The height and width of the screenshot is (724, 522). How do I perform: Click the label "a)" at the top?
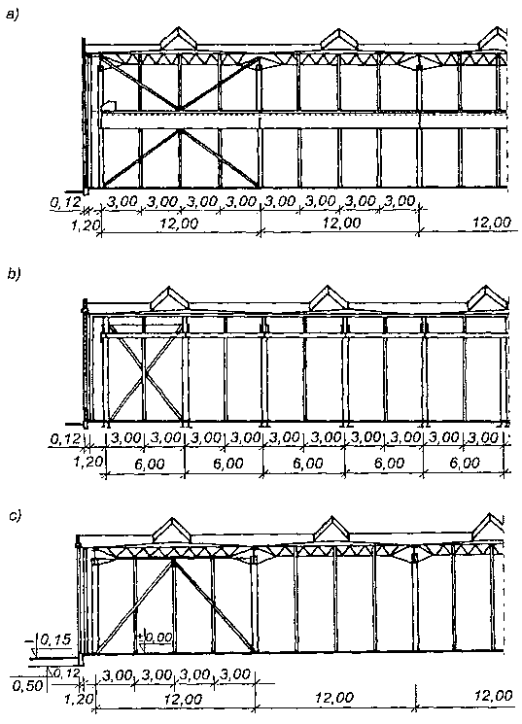click(13, 16)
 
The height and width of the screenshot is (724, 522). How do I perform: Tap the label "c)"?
click(16, 516)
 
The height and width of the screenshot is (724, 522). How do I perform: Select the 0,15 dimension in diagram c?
click(55, 640)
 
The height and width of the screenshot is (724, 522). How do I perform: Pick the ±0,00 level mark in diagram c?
click(156, 638)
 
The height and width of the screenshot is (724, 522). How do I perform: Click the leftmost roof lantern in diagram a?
click(178, 38)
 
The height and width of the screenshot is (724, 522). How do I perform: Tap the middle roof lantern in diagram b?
click(328, 297)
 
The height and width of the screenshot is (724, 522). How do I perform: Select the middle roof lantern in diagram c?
click(331, 531)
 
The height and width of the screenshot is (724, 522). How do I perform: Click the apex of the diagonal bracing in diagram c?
click(173, 561)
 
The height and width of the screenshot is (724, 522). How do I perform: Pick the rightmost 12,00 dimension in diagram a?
click(493, 223)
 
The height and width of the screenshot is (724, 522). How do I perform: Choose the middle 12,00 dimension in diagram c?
click(334, 697)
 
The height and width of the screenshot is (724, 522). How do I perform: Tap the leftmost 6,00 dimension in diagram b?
click(150, 464)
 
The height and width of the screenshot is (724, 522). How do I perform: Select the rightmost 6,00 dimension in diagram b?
click(465, 463)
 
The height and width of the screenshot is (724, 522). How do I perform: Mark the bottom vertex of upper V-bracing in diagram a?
click(179, 109)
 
